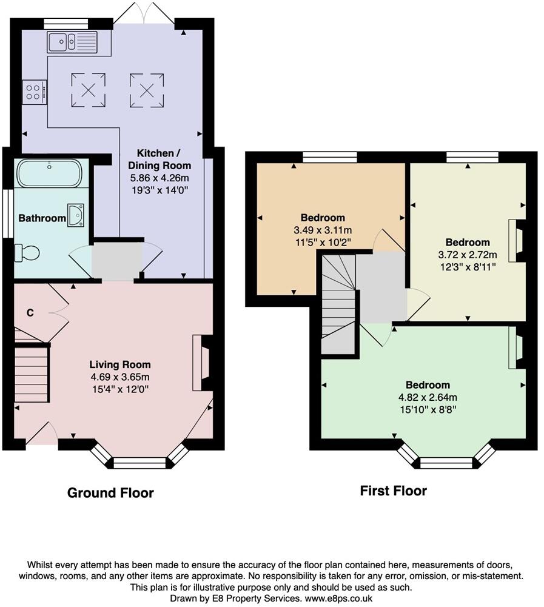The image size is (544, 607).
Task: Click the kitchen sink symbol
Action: pyautogui.click(x=72, y=42)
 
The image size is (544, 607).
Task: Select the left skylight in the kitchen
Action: pyautogui.click(x=89, y=89)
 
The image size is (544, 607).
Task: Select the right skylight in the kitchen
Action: pyautogui.click(x=146, y=89)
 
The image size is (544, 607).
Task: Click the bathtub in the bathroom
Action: pyautogui.click(x=48, y=173)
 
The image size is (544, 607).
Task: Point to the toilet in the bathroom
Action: pyautogui.click(x=27, y=252)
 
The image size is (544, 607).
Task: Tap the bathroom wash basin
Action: pyautogui.click(x=76, y=215)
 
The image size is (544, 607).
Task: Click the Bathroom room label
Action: pyautogui.click(x=41, y=218)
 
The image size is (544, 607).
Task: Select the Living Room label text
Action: pyautogui.click(x=120, y=364)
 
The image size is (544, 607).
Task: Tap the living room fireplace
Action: pyautogui.click(x=202, y=363)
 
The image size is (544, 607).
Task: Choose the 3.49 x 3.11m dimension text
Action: pyautogui.click(x=323, y=230)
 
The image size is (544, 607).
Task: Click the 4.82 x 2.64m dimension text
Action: pyautogui.click(x=428, y=397)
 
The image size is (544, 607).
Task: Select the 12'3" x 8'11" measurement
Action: pyautogui.click(x=467, y=266)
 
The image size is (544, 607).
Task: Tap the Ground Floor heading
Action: pyautogui.click(x=110, y=493)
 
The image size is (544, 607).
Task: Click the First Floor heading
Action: pyautogui.click(x=393, y=491)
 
